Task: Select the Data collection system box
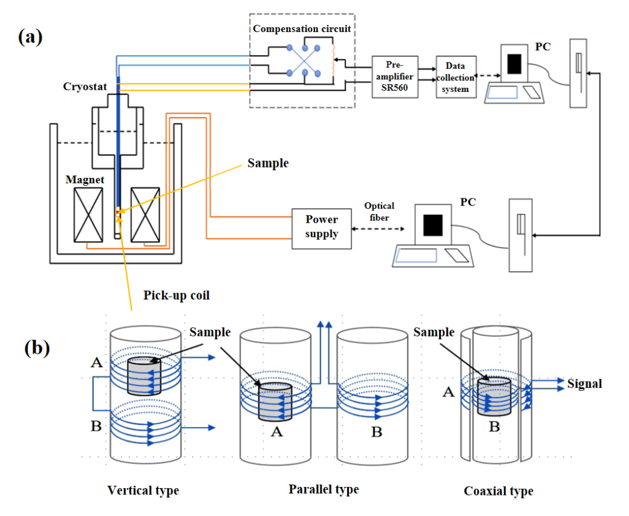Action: click(x=455, y=77)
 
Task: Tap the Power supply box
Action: click(x=321, y=228)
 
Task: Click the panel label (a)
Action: click(x=30, y=37)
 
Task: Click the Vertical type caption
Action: click(x=143, y=490)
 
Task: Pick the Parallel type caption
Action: click(x=323, y=489)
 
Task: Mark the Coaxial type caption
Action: click(x=498, y=491)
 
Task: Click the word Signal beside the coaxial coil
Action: click(x=585, y=384)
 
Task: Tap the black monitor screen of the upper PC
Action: click(x=514, y=64)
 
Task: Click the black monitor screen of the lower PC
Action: click(x=432, y=225)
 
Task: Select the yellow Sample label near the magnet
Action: click(x=268, y=163)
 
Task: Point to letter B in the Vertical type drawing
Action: click(x=96, y=427)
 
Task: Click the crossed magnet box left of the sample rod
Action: click(x=88, y=215)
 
